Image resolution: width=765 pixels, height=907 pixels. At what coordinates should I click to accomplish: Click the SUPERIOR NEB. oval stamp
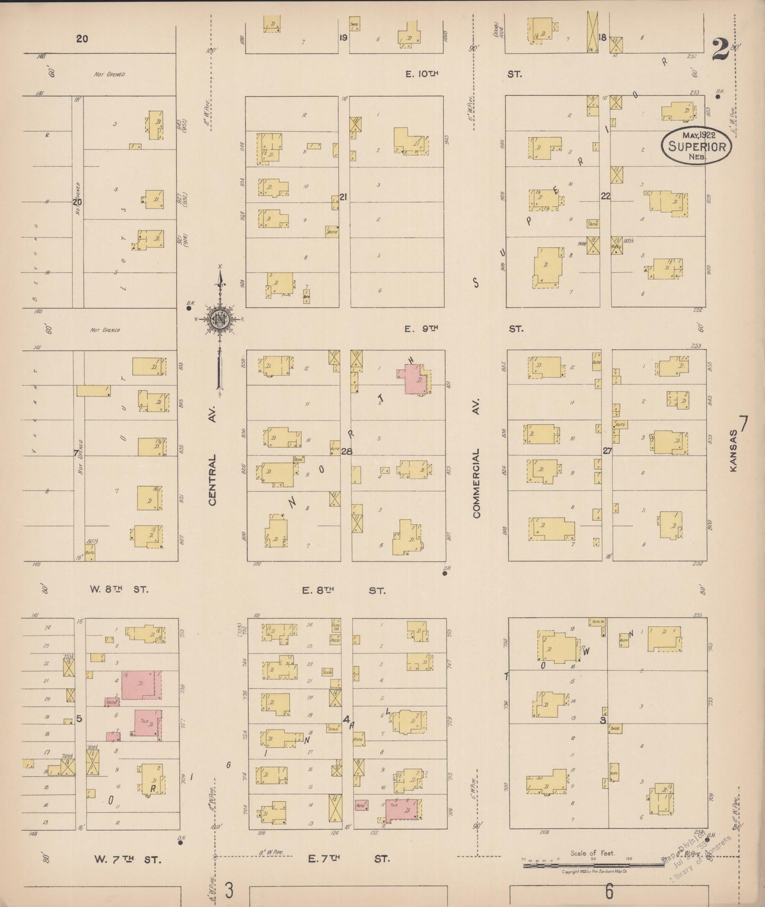coord(696,146)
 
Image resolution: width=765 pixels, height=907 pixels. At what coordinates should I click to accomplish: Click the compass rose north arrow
coord(221,318)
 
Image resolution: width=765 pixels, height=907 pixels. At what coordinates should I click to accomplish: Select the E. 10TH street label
coord(422,75)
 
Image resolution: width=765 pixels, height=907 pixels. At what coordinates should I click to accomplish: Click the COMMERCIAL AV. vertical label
coord(476,483)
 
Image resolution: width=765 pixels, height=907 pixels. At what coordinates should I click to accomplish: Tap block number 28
coord(347,451)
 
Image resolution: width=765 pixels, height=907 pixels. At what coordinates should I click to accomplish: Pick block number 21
coord(343,197)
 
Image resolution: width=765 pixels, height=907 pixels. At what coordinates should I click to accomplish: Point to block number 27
coord(607,451)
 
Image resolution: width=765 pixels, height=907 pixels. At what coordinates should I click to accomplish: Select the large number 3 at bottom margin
coord(229,891)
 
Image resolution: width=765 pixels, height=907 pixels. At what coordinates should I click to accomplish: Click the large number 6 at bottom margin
coord(609,891)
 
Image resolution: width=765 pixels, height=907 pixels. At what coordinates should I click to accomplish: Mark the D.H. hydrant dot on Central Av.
coord(188,307)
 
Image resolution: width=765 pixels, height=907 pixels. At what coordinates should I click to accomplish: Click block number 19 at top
coord(343,38)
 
